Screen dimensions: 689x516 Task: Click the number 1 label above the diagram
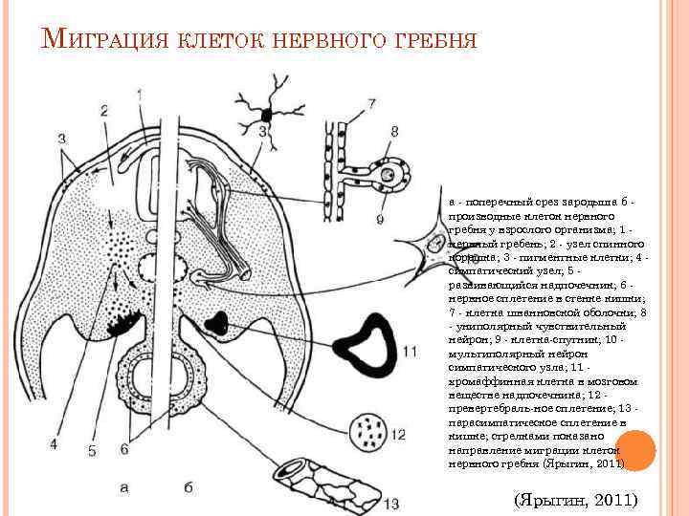click(141, 95)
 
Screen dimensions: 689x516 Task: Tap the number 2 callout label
click(102, 111)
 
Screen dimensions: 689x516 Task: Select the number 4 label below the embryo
click(55, 443)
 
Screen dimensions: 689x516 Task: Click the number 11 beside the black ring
click(410, 353)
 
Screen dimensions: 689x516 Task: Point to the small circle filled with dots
click(367, 433)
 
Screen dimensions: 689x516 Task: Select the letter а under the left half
click(124, 486)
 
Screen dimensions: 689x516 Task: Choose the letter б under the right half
click(189, 486)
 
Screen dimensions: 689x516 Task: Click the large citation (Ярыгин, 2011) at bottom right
click(576, 500)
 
